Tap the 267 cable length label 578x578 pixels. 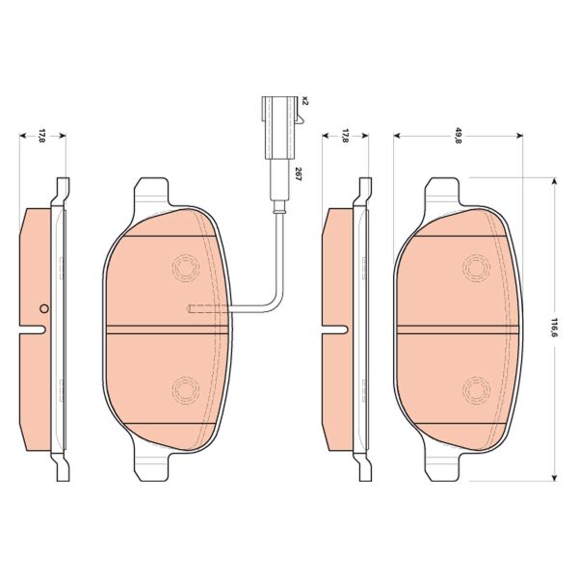(299, 174)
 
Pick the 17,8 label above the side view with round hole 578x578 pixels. (41, 136)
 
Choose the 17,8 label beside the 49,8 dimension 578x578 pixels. (344, 136)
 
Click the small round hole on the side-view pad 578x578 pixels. (43, 309)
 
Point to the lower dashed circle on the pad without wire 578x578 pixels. (474, 389)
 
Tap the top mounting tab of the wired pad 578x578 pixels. (153, 192)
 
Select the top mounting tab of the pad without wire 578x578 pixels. (445, 192)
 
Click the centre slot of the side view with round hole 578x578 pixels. (36, 330)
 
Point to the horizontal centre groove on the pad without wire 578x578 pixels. (459, 328)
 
